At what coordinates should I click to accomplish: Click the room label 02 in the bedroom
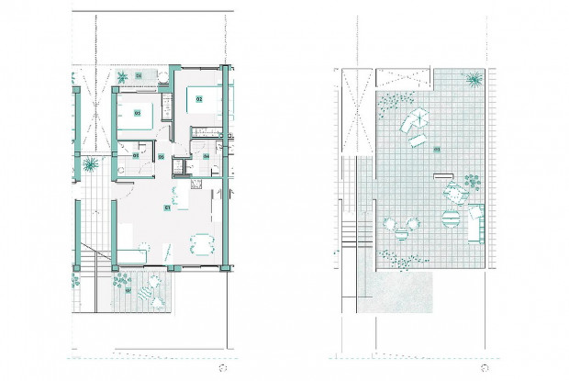click(x=199, y=98)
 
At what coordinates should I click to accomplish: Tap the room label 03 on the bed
click(x=137, y=113)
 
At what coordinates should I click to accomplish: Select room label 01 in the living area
click(x=167, y=208)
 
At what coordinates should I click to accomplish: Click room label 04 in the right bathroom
click(x=206, y=156)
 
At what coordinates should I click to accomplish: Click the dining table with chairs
click(x=199, y=244)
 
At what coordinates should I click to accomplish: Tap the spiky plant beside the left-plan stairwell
click(x=90, y=166)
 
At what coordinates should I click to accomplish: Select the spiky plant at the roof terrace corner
click(x=474, y=81)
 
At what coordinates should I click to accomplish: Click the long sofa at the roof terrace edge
click(x=475, y=222)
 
